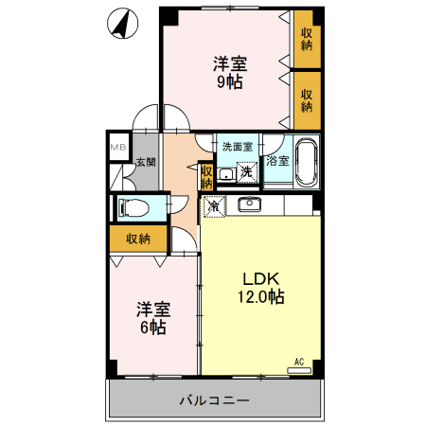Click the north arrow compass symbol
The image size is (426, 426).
coord(121,24)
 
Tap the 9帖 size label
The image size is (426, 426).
coord(230,82)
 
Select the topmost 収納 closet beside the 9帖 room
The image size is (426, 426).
coord(307,40)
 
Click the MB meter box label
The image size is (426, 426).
coord(117,148)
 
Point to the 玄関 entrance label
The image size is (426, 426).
coord(145,163)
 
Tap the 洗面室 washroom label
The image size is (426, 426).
coord(237,147)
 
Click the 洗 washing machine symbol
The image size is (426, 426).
coord(246,171)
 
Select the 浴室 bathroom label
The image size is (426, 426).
coord(277,162)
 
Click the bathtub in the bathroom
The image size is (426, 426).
coord(307,163)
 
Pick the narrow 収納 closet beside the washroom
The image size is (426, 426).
coord(206,176)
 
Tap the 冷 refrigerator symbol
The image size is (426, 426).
coord(213,204)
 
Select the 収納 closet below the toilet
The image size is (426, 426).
coord(138,239)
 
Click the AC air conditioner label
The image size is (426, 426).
coord(298,362)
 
